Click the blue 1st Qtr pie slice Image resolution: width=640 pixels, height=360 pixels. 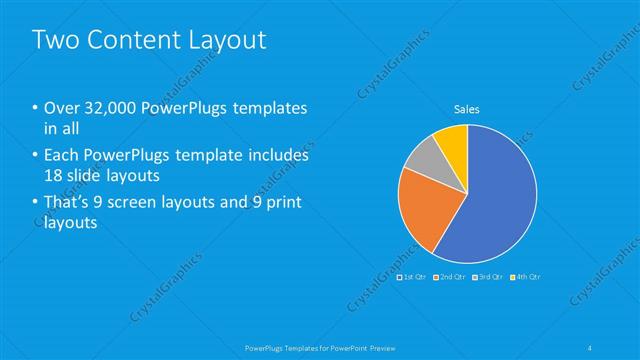click(490, 195)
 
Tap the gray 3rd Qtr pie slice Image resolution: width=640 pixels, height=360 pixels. click(422, 155)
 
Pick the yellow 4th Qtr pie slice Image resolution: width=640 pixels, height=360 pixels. click(453, 140)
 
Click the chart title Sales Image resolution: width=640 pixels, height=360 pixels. click(467, 110)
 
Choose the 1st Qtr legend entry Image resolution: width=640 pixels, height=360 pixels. click(412, 276)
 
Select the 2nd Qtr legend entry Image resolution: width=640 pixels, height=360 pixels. click(449, 276)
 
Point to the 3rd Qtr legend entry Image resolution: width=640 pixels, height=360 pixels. click(487, 276)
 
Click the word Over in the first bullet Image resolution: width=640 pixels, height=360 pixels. click(60, 108)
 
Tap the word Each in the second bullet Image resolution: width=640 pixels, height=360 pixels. click(60, 156)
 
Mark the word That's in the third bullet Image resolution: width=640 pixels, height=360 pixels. click(67, 204)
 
